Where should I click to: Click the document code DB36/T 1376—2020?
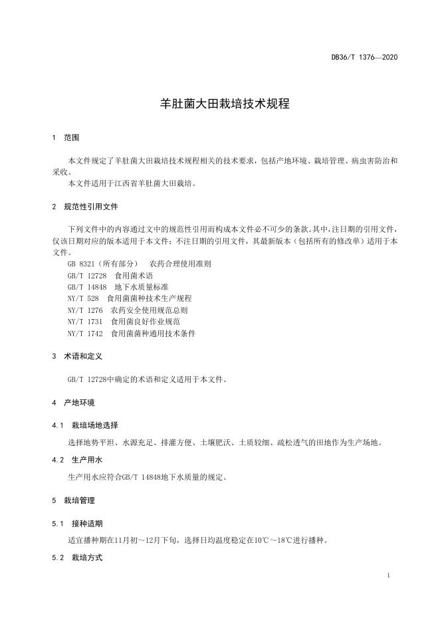coord(364,57)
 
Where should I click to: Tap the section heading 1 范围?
coord(66,138)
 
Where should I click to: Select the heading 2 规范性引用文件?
coord(86,207)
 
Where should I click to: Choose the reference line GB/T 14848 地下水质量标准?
coord(118,286)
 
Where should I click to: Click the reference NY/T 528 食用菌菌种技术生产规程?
coord(130,298)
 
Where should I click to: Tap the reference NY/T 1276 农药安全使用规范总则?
coord(128,310)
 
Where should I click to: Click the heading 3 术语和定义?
coord(78,356)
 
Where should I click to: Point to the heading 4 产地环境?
coord(74,403)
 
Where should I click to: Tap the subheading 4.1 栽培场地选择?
coord(86,425)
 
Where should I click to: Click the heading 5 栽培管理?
coord(74,500)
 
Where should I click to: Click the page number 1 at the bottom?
coord(387,575)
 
